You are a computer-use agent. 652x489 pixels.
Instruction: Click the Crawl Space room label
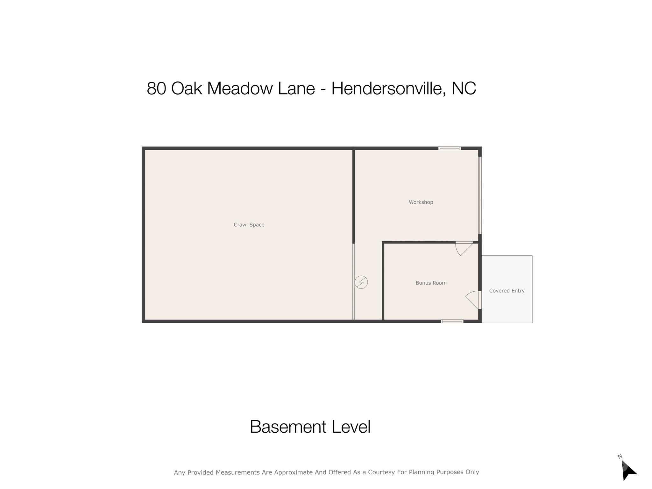pos(249,225)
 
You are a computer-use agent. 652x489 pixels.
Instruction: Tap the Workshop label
pos(421,202)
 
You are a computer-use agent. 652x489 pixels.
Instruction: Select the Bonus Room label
pos(431,283)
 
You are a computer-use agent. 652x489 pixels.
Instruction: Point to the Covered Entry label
pos(507,291)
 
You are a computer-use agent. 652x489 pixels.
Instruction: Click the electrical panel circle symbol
pos(361,282)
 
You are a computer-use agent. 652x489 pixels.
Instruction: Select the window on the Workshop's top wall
pos(449,148)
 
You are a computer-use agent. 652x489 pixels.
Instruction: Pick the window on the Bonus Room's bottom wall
pos(452,321)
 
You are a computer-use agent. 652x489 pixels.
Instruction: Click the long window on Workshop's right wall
pos(480,195)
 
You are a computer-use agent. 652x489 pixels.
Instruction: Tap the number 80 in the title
pos(156,89)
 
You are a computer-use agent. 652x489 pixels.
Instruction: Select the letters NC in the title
pos(464,89)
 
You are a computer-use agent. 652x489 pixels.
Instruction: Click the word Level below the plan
pos(351,427)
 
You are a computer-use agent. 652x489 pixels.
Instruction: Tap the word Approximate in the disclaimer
pos(294,472)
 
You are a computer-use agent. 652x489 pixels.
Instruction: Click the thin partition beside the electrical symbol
pos(353,281)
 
